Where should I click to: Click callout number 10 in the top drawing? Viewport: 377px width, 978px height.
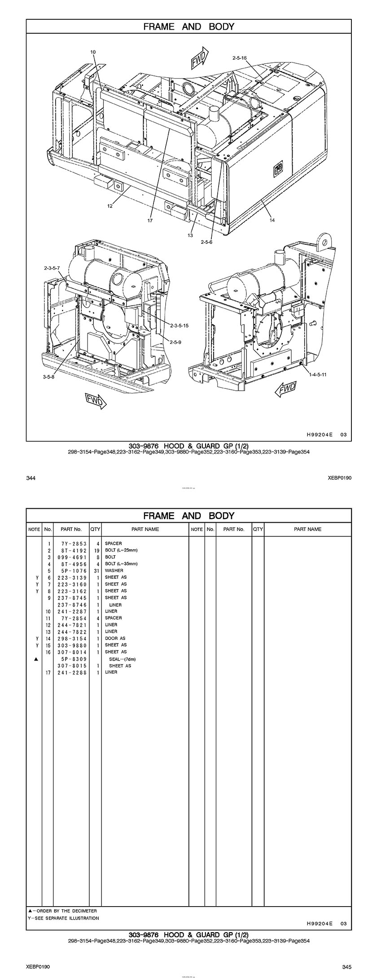click(93, 52)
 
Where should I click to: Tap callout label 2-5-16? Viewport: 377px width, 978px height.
click(240, 58)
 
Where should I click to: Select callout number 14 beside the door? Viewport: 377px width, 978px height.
click(272, 220)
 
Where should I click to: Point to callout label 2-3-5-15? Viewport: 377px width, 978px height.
click(180, 325)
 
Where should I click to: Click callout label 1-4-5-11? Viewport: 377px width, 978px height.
click(318, 374)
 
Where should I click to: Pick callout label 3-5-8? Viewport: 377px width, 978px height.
click(48, 377)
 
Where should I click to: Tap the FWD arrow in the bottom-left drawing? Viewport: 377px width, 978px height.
click(96, 400)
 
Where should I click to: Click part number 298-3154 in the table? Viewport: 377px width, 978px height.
click(72, 638)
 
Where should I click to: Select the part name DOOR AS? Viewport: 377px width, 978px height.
click(115, 638)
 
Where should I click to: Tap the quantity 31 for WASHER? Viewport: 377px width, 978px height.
click(96, 571)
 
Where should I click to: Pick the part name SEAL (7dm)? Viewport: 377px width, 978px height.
click(122, 659)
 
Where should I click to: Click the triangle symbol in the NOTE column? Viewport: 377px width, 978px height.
click(35, 659)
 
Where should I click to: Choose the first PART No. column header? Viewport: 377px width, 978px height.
click(71, 529)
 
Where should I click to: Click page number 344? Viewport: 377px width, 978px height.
click(31, 478)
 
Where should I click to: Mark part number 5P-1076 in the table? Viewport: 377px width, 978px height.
click(72, 571)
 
